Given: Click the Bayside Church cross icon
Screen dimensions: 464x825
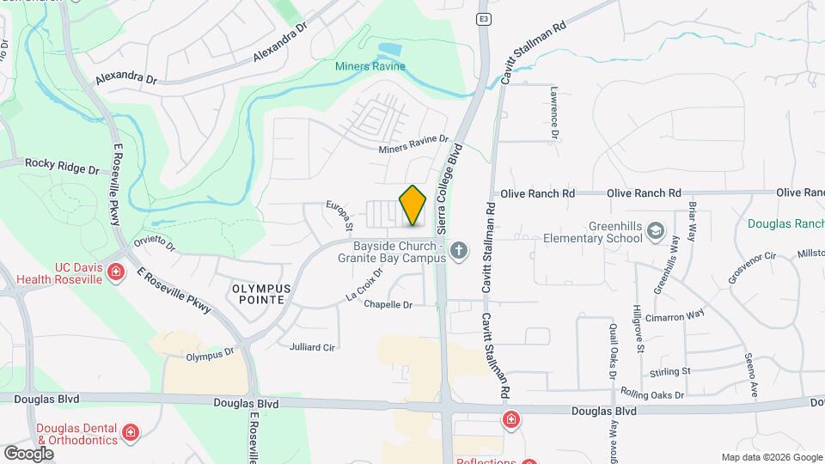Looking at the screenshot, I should point(459,251).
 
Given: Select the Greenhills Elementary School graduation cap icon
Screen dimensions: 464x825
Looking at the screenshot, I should point(657,230).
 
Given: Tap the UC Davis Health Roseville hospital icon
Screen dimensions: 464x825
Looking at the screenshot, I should point(115,273).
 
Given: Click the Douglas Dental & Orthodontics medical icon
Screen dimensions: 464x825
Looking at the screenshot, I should point(130,431).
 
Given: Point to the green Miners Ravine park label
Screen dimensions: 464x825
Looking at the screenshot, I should point(370,67).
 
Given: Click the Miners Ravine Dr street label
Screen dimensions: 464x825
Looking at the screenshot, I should point(414,144).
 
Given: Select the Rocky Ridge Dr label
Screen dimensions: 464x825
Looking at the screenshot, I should point(62,163).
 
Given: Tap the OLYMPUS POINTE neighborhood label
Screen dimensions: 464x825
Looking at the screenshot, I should point(261,295).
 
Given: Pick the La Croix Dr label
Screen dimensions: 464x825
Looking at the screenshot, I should point(364,284).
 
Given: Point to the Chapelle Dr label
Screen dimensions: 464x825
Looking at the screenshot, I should point(388,304).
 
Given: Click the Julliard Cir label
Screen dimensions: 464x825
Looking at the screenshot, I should point(312,347).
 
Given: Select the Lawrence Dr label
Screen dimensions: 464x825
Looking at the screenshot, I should point(554,113).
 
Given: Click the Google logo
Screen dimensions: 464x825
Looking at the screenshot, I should point(28,453).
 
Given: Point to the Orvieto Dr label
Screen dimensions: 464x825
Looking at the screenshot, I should point(155,247).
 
